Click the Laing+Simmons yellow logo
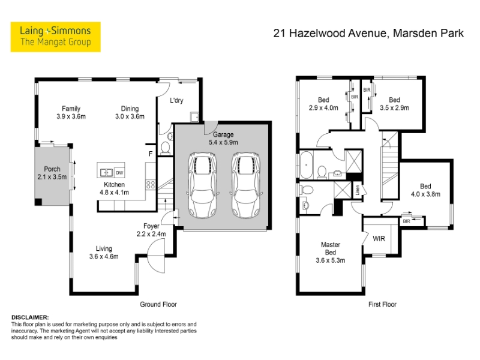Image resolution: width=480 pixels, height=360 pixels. pyautogui.click(x=55, y=37)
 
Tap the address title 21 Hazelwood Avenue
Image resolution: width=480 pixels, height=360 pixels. pyautogui.click(x=331, y=33)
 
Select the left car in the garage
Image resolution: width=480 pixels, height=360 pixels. pyautogui.click(x=203, y=185)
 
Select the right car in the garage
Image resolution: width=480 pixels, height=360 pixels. pyautogui.click(x=246, y=185)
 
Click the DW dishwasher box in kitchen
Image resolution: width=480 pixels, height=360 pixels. pyautogui.click(x=119, y=173)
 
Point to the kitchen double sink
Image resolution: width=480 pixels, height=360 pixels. pyautogui.click(x=106, y=173)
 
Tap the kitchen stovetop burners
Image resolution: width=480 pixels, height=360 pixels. pyautogui.click(x=151, y=184)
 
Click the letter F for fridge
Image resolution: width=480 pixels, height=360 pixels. pyautogui.click(x=151, y=154)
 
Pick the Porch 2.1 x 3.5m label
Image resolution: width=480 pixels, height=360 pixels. pyautogui.click(x=52, y=173)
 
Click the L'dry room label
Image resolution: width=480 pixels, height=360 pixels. pyautogui.click(x=176, y=100)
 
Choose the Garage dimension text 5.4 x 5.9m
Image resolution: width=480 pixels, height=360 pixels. pyautogui.click(x=223, y=142)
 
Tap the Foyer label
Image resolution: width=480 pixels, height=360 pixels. pyautogui.click(x=151, y=226)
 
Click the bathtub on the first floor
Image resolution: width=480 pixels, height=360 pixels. pyautogui.click(x=306, y=164)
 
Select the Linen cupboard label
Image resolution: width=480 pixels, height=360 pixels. pyautogui.click(x=357, y=190)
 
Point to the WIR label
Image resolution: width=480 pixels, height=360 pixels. pyautogui.click(x=379, y=239)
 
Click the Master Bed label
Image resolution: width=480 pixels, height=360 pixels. pyautogui.click(x=331, y=248)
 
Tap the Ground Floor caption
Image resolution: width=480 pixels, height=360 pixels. pyautogui.click(x=158, y=304)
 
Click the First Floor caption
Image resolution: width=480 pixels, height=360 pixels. pyautogui.click(x=382, y=304)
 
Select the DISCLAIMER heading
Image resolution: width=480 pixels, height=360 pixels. pyautogui.click(x=30, y=317)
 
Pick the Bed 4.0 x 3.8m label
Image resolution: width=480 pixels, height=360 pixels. pyautogui.click(x=425, y=190)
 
